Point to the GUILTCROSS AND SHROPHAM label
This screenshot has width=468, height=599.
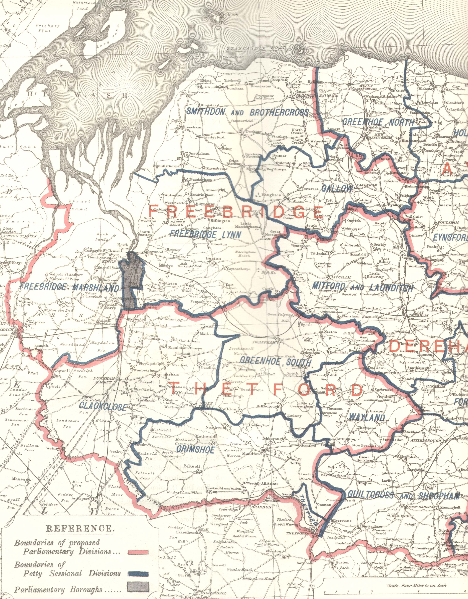tap(403, 495)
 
